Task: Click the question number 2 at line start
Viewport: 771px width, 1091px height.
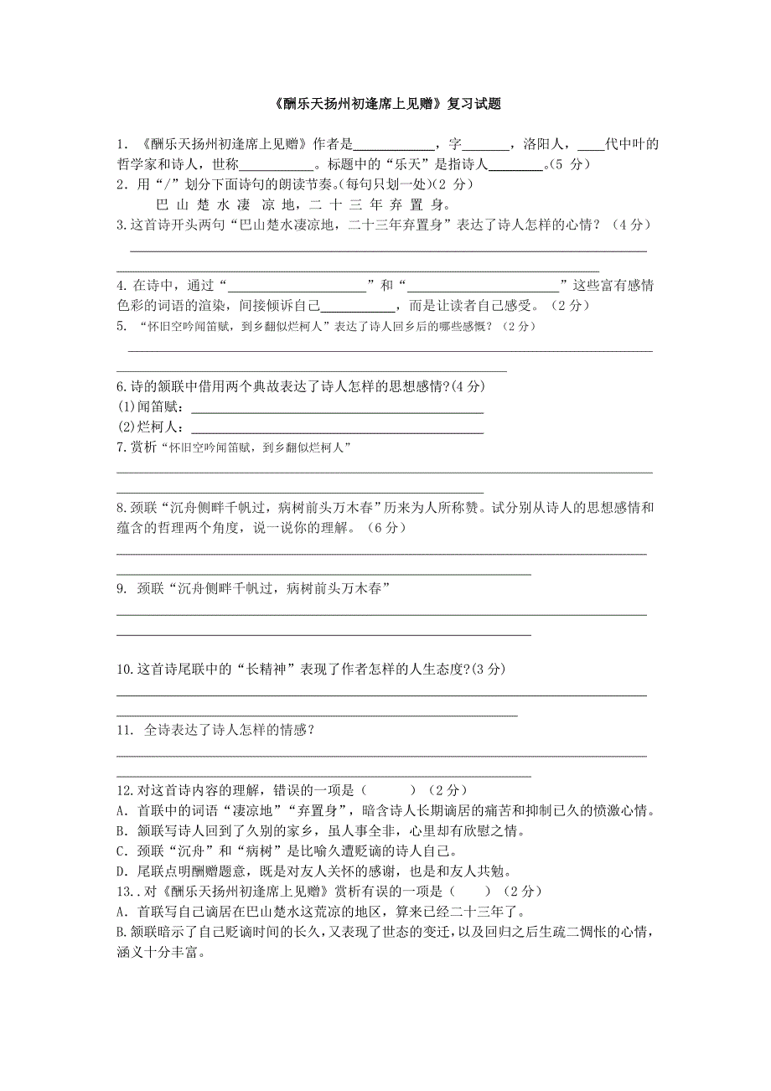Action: coord(121,184)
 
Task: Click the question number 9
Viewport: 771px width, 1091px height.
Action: coord(122,589)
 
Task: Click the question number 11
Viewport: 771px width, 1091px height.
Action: coord(125,731)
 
